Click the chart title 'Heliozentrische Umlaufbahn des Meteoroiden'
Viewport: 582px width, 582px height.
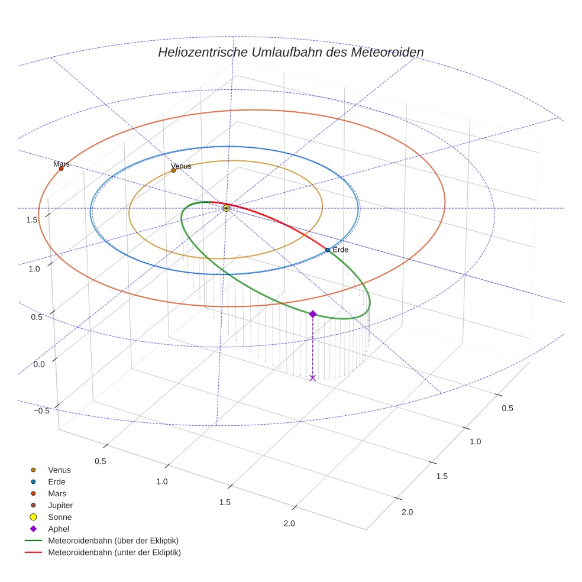point(290,52)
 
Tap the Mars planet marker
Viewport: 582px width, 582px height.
point(61,169)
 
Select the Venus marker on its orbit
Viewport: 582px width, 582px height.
point(173,170)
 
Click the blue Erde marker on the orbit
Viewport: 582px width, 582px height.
point(327,250)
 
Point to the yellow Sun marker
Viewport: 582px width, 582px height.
point(226,208)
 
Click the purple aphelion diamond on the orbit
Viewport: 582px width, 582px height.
point(312,314)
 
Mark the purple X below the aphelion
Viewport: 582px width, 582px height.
point(312,377)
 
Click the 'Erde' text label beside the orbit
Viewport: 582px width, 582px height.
point(341,250)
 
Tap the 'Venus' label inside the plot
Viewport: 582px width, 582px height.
point(182,166)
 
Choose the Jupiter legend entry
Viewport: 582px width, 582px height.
point(60,505)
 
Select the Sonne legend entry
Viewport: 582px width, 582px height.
point(60,517)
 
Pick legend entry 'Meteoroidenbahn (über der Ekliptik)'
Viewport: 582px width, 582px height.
point(113,541)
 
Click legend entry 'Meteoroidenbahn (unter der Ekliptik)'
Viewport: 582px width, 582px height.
point(114,552)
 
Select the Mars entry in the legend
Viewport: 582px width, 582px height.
point(57,493)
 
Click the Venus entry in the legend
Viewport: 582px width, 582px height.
point(59,470)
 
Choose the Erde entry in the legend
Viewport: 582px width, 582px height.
point(57,481)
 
